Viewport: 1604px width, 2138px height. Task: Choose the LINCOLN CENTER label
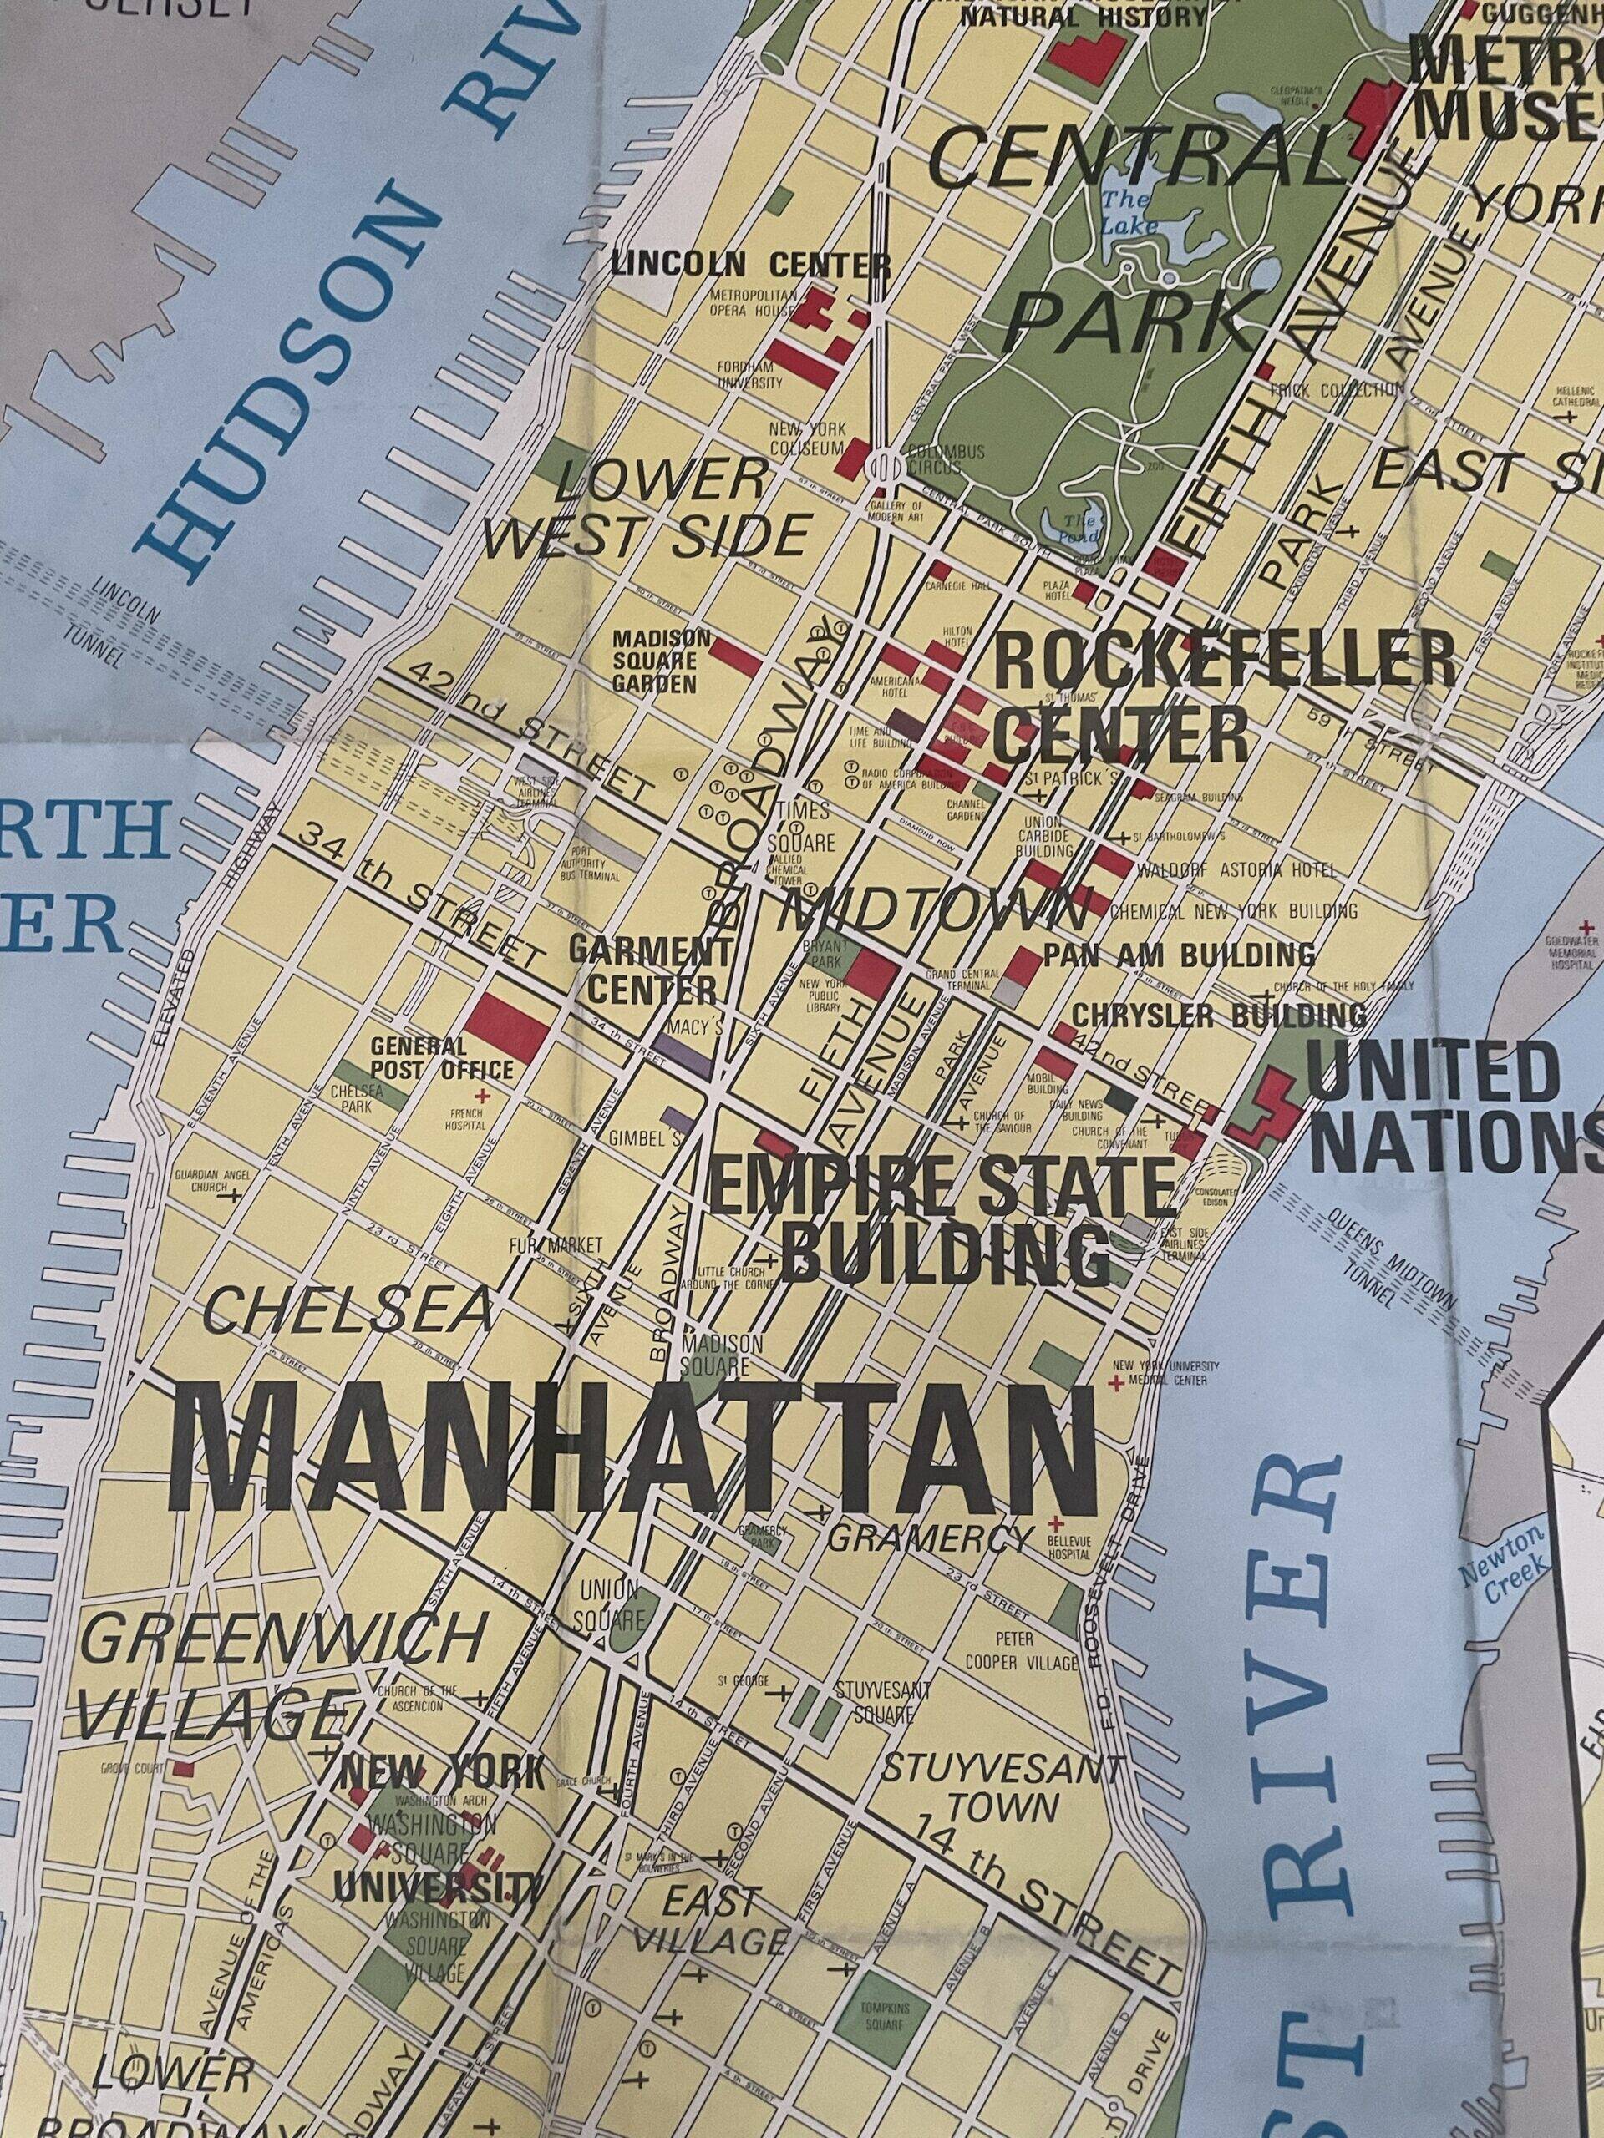coord(749,263)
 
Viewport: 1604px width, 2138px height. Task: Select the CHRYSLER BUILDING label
coord(1218,1015)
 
